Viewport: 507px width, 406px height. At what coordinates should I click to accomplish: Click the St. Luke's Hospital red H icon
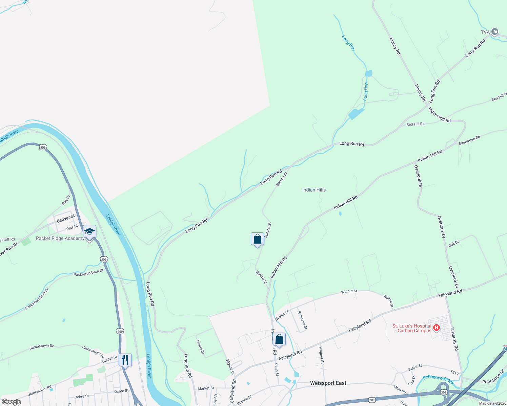[x=437, y=328]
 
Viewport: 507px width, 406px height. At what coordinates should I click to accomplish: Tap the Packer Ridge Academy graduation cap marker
[x=89, y=232]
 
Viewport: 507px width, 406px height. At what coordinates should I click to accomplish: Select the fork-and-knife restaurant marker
[x=125, y=360]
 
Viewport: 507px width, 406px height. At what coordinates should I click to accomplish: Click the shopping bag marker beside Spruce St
[x=257, y=239]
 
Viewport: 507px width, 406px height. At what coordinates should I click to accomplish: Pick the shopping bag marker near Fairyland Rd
[x=279, y=339]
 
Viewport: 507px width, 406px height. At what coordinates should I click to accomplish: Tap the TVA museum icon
[x=494, y=32]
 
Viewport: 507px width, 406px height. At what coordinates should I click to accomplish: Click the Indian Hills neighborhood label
[x=314, y=190]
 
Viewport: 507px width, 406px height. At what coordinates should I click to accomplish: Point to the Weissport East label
[x=328, y=383]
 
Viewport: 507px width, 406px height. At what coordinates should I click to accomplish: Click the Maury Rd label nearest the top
[x=395, y=46]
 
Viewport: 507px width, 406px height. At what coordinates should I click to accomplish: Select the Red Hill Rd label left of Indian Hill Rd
[x=415, y=124]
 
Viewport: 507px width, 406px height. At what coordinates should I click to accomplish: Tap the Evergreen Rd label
[x=469, y=140]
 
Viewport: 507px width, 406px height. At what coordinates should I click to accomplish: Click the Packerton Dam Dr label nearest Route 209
[x=88, y=272]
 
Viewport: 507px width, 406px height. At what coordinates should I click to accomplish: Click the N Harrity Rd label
[x=454, y=339]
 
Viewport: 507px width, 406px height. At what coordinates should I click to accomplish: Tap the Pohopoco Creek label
[x=438, y=380]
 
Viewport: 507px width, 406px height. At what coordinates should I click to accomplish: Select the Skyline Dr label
[x=230, y=366]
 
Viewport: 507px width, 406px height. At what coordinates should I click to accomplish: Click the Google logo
[x=11, y=402]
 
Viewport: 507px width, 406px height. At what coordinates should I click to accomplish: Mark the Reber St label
[x=415, y=367]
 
